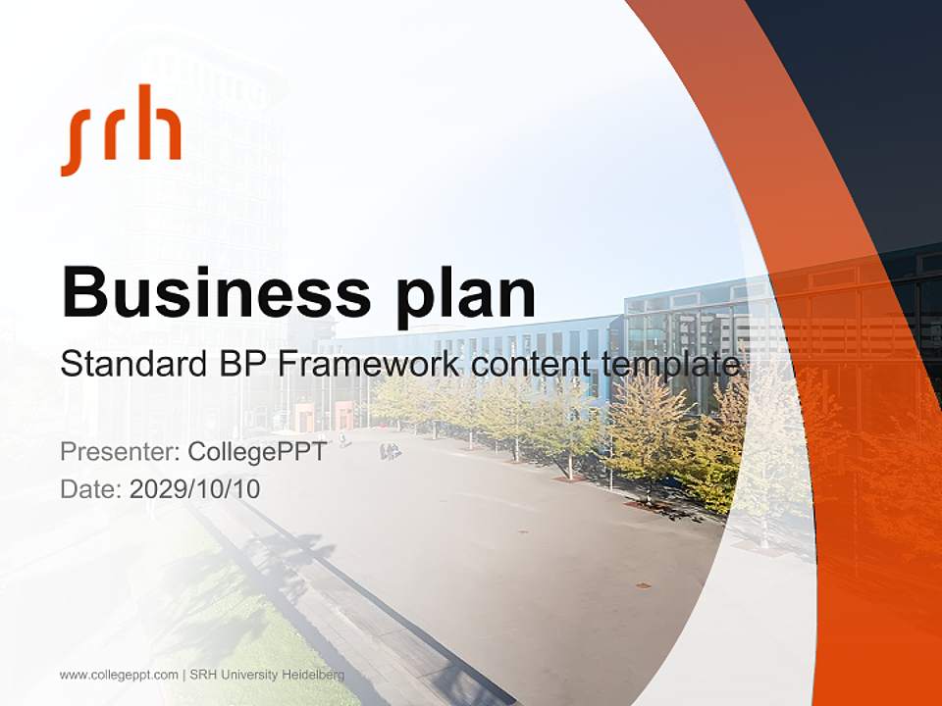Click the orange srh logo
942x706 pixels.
click(121, 129)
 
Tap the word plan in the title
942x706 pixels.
click(467, 293)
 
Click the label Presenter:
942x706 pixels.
click(119, 453)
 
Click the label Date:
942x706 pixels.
click(91, 488)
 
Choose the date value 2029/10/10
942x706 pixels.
click(195, 488)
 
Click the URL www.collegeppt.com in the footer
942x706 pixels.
click(119, 675)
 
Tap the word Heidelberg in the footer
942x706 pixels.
click(313, 675)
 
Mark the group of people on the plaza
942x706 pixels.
click(390, 451)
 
